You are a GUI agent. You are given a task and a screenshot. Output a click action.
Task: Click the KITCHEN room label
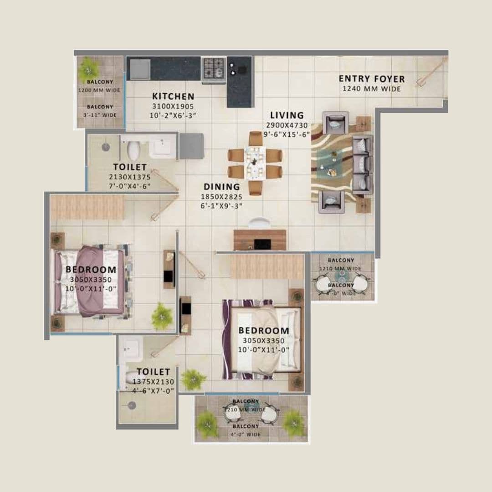tap(173, 97)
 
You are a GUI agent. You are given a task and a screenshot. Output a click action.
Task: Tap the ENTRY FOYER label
tap(371, 79)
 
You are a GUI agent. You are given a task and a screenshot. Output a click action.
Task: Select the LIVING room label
tap(287, 115)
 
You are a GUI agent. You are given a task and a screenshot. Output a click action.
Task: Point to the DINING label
tap(222, 187)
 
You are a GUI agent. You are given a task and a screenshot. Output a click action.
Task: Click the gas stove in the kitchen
tap(214, 69)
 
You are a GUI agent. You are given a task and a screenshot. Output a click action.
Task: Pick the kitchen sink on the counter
tap(140, 69)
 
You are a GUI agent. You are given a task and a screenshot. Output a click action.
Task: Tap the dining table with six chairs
tap(255, 163)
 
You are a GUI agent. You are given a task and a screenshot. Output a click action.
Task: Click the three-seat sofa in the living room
tap(363, 164)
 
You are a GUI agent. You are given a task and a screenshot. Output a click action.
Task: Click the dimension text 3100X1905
tap(173, 106)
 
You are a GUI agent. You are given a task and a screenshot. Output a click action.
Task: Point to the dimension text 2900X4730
tap(288, 125)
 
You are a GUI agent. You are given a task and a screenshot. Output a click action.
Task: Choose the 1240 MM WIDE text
tap(371, 89)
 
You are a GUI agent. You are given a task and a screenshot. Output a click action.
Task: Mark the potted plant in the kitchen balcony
tap(89, 69)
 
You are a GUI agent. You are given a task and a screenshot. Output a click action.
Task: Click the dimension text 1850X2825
tap(222, 196)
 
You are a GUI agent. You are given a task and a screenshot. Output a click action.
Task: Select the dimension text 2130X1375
tap(130, 177)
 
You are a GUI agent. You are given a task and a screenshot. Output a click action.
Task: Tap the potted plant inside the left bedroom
tap(162, 316)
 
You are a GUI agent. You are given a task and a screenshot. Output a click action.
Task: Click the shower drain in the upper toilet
tap(106, 147)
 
